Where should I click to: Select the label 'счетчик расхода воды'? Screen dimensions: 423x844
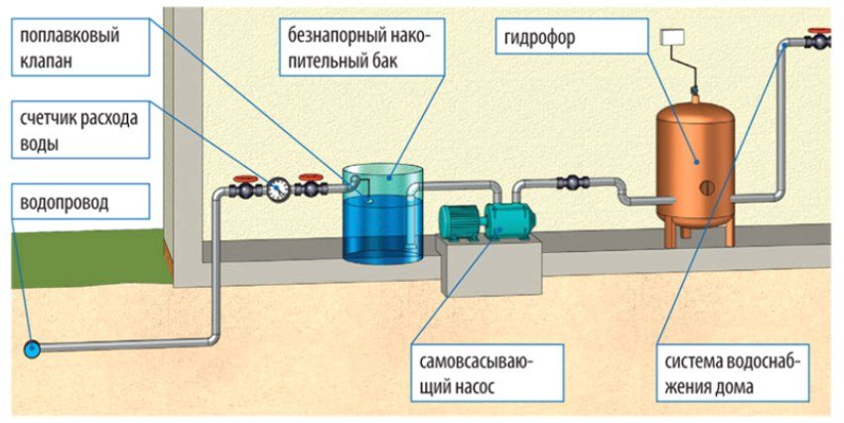coord(76,130)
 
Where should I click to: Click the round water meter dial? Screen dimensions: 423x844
coord(279,186)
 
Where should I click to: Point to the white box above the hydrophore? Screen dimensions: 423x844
coord(674,38)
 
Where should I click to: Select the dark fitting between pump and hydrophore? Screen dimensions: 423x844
coord(573,183)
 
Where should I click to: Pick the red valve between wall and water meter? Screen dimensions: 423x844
coord(243,185)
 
